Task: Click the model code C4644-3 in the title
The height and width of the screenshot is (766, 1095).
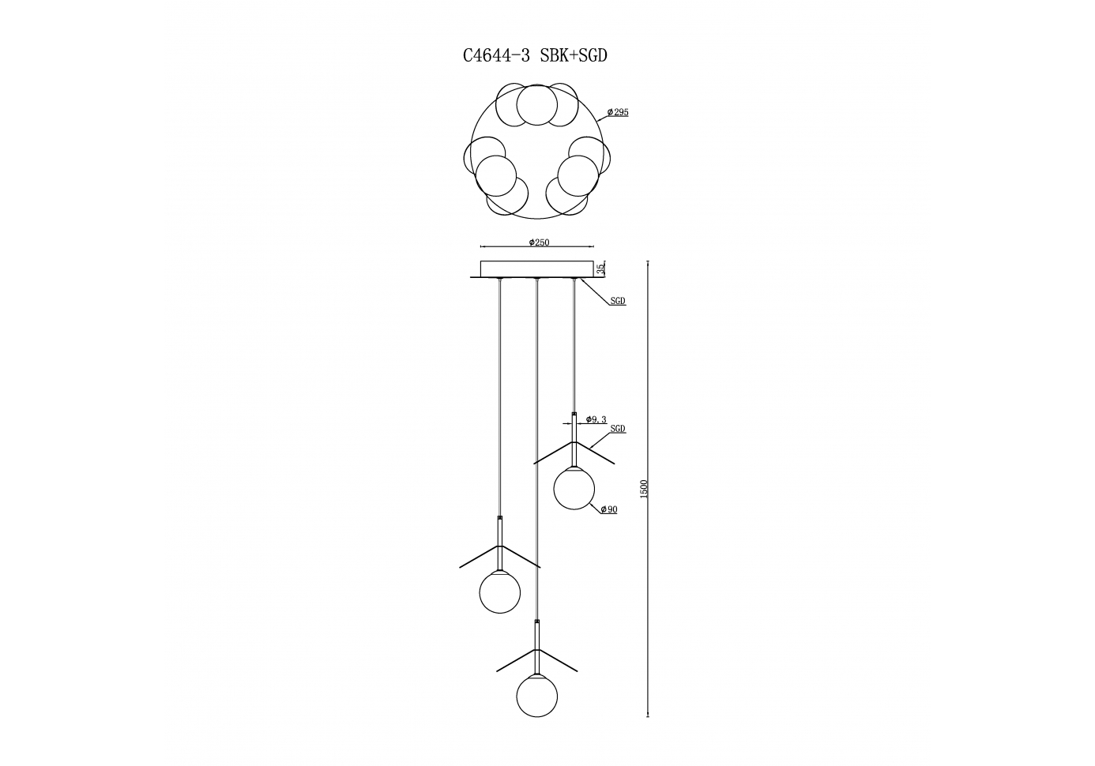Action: (496, 56)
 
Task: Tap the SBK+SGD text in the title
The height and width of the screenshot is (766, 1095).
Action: (574, 56)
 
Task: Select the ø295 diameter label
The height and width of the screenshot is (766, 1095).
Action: (618, 112)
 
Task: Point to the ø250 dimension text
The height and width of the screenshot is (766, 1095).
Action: (539, 242)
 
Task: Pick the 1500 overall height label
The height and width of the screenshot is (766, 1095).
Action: (644, 489)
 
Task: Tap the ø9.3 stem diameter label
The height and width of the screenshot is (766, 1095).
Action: (596, 419)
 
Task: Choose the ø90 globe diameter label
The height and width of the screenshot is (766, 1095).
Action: (609, 509)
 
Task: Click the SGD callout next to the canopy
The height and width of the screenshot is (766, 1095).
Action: (618, 301)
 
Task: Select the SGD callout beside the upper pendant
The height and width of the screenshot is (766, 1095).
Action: (618, 429)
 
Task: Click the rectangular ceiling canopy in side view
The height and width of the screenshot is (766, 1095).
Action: (537, 269)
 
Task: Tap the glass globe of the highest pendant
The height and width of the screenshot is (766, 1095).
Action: (574, 489)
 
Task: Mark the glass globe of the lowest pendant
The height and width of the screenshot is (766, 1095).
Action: (537, 697)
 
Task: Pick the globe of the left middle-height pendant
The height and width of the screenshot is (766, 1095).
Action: (500, 592)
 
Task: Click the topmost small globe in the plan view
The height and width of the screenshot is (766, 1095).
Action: (537, 105)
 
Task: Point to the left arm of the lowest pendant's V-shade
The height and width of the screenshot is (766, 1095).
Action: (517, 660)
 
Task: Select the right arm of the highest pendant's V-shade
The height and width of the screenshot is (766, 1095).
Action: (595, 452)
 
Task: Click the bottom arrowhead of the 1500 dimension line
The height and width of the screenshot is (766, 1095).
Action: (648, 714)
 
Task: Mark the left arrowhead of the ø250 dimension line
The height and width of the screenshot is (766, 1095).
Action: (483, 246)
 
